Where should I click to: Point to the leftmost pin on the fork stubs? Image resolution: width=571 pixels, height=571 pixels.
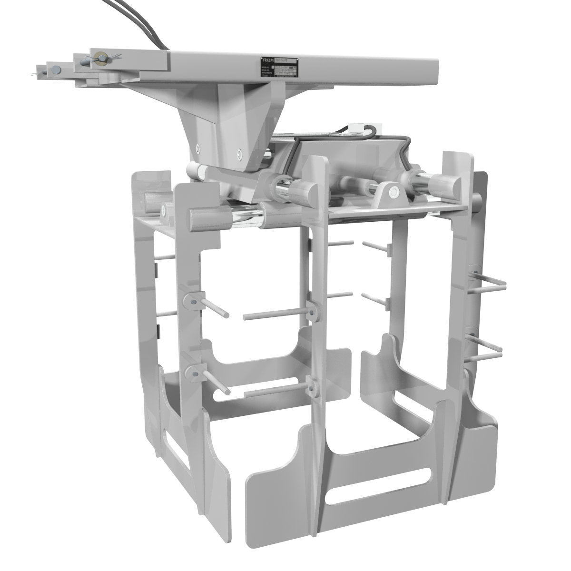(x=44, y=72)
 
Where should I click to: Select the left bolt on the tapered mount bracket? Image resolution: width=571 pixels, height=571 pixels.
(x=197, y=148)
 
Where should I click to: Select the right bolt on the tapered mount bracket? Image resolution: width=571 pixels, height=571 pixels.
(x=239, y=154)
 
